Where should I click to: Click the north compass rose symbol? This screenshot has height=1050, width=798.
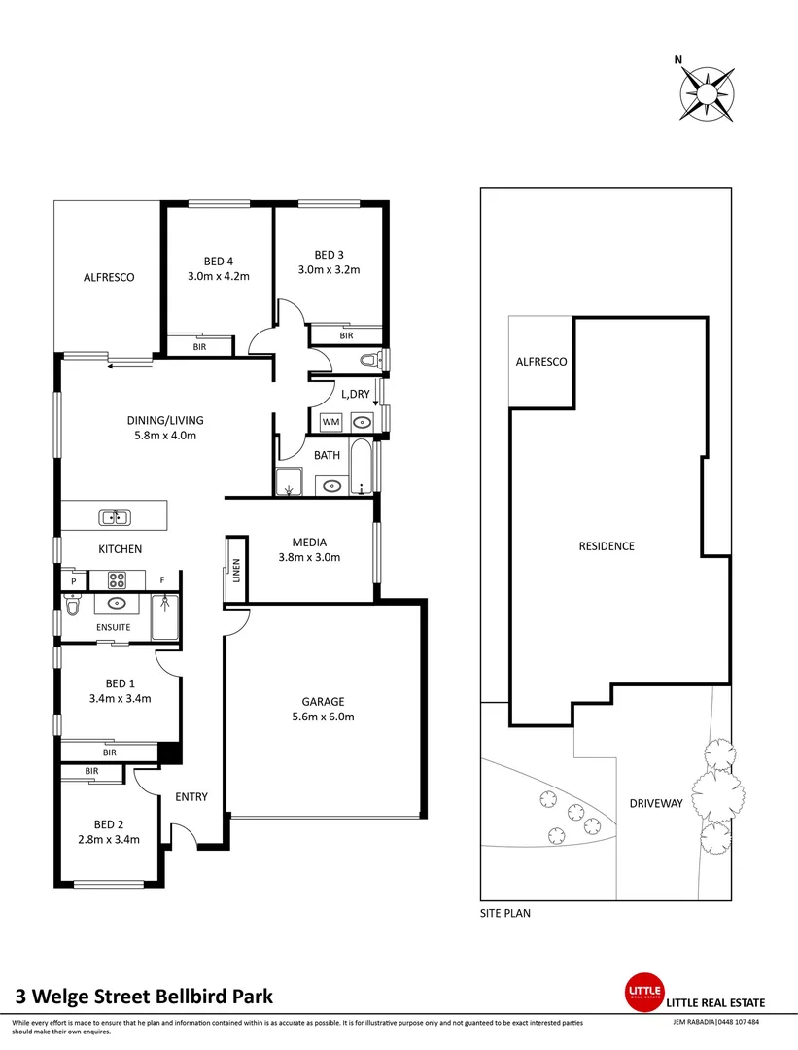pyautogui.click(x=708, y=93)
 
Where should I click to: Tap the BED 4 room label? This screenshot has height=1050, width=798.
pyautogui.click(x=218, y=261)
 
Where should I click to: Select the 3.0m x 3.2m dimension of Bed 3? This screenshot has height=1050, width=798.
pyautogui.click(x=329, y=269)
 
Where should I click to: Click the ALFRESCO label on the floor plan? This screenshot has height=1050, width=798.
pyautogui.click(x=108, y=277)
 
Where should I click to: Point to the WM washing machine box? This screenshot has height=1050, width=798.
pyautogui.click(x=330, y=422)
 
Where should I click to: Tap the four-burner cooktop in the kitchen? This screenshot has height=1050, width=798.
pyautogui.click(x=117, y=580)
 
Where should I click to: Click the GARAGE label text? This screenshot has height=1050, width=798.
pyautogui.click(x=323, y=701)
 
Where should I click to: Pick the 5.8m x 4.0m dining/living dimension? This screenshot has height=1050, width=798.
pyautogui.click(x=165, y=436)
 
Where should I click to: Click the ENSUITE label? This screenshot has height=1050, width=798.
pyautogui.click(x=113, y=627)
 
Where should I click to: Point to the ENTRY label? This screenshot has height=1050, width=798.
pyautogui.click(x=191, y=797)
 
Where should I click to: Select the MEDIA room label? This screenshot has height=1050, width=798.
pyautogui.click(x=309, y=542)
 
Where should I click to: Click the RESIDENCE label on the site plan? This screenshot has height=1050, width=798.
pyautogui.click(x=606, y=545)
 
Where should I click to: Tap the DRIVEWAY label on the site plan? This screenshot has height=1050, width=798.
pyautogui.click(x=656, y=804)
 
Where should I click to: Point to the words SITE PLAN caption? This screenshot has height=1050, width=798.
pyautogui.click(x=505, y=914)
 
